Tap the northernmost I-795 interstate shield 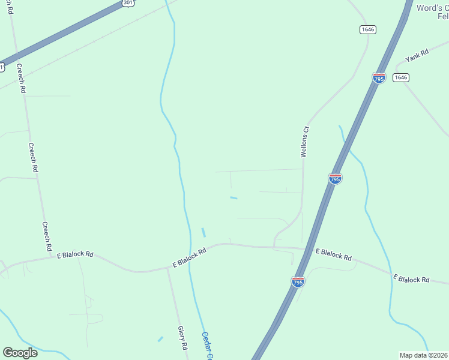tap(379, 79)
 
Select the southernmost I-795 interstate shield tap(298, 281)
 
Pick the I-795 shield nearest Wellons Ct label tap(336, 178)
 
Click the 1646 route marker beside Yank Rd tap(401, 77)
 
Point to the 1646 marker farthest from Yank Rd tap(368, 29)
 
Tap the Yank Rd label tap(417, 56)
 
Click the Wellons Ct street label tap(304, 142)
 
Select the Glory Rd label tap(182, 338)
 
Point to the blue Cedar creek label tap(207, 346)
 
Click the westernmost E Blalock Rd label tap(75, 255)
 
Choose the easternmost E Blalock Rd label tap(411, 279)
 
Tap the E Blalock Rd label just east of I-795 tap(333, 254)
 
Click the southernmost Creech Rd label tap(46, 236)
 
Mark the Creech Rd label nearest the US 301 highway tap(21, 78)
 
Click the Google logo tap(20, 352)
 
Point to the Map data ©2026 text tap(423, 355)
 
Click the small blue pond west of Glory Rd tap(160, 339)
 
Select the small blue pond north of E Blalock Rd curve tap(203, 232)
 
